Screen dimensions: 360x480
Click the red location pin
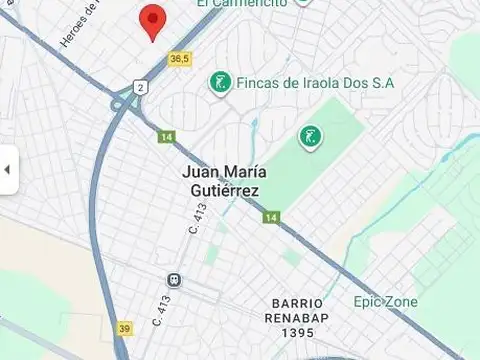click(151, 20)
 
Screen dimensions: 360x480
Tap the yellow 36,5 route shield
click(179, 59)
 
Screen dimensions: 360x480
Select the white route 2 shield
click(141, 87)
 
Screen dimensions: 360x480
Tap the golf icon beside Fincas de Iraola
click(219, 84)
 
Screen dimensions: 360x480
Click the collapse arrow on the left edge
click(7, 169)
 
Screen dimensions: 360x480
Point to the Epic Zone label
click(385, 301)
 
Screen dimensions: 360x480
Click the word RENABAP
click(298, 317)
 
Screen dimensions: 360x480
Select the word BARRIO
click(298, 303)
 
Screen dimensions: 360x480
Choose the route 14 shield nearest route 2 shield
click(165, 136)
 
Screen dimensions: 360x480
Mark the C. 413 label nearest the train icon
click(161, 310)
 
